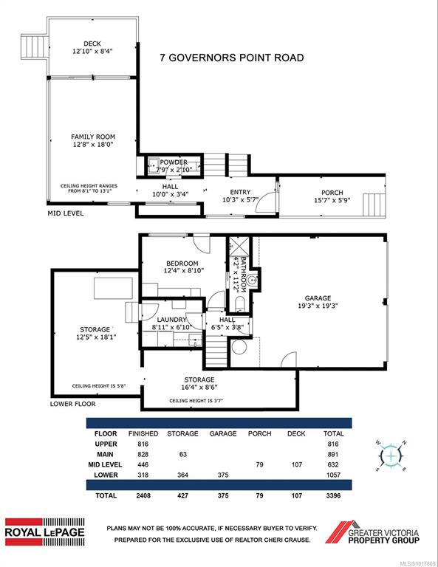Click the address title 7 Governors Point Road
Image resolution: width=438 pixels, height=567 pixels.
point(232,58)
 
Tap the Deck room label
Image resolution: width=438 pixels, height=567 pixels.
point(92,44)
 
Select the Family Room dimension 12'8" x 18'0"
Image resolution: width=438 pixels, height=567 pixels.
point(92,145)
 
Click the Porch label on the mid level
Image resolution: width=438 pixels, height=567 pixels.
point(332,193)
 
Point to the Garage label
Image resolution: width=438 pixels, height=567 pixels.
point(318,298)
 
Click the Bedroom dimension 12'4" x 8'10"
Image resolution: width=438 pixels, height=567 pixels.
point(184,270)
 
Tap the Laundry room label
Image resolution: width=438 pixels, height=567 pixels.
point(171,320)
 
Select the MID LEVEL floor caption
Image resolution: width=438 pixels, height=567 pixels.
point(66,213)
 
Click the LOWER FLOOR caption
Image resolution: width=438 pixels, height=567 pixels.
point(72,404)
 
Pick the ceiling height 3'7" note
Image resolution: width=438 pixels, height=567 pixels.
point(196,401)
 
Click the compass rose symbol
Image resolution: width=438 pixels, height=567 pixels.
point(391,456)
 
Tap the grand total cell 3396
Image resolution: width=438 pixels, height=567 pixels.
point(333,495)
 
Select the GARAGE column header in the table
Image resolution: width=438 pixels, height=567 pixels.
point(223,433)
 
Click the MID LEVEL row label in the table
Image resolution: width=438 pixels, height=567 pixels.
point(105,464)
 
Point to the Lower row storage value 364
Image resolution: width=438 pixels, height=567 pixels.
point(182,475)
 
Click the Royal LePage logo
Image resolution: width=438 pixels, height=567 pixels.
point(45,532)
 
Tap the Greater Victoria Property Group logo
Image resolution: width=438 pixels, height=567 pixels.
point(372,532)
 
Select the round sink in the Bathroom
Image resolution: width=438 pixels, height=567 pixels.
point(253,281)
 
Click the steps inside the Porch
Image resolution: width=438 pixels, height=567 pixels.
point(374,205)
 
